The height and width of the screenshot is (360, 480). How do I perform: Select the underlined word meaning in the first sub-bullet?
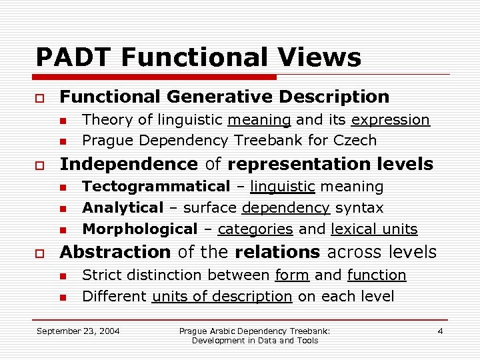pyautogui.click(x=259, y=120)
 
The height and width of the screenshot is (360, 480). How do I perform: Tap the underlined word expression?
pyautogui.click(x=390, y=120)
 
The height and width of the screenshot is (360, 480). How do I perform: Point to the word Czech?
pyautogui.click(x=356, y=141)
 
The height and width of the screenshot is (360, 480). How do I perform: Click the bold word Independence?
pyautogui.click(x=129, y=164)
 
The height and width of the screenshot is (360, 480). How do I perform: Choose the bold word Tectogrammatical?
pyautogui.click(x=155, y=187)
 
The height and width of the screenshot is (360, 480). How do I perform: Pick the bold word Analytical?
pyautogui.click(x=122, y=208)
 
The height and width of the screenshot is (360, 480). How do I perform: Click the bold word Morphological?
pyautogui.click(x=139, y=229)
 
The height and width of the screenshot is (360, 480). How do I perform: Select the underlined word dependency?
pyautogui.click(x=285, y=208)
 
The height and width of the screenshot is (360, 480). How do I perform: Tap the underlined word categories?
pyautogui.click(x=255, y=229)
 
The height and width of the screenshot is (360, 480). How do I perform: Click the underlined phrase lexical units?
pyautogui.click(x=374, y=229)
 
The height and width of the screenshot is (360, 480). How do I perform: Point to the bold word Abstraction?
pyautogui.click(x=115, y=252)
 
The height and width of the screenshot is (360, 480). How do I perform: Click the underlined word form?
pyautogui.click(x=292, y=275)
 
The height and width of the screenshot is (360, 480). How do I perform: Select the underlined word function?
pyautogui.click(x=376, y=275)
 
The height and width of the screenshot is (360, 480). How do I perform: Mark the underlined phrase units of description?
pyautogui.click(x=222, y=296)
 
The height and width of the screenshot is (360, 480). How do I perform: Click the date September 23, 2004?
pyautogui.click(x=78, y=331)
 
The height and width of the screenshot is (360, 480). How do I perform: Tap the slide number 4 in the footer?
pyautogui.click(x=440, y=331)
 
